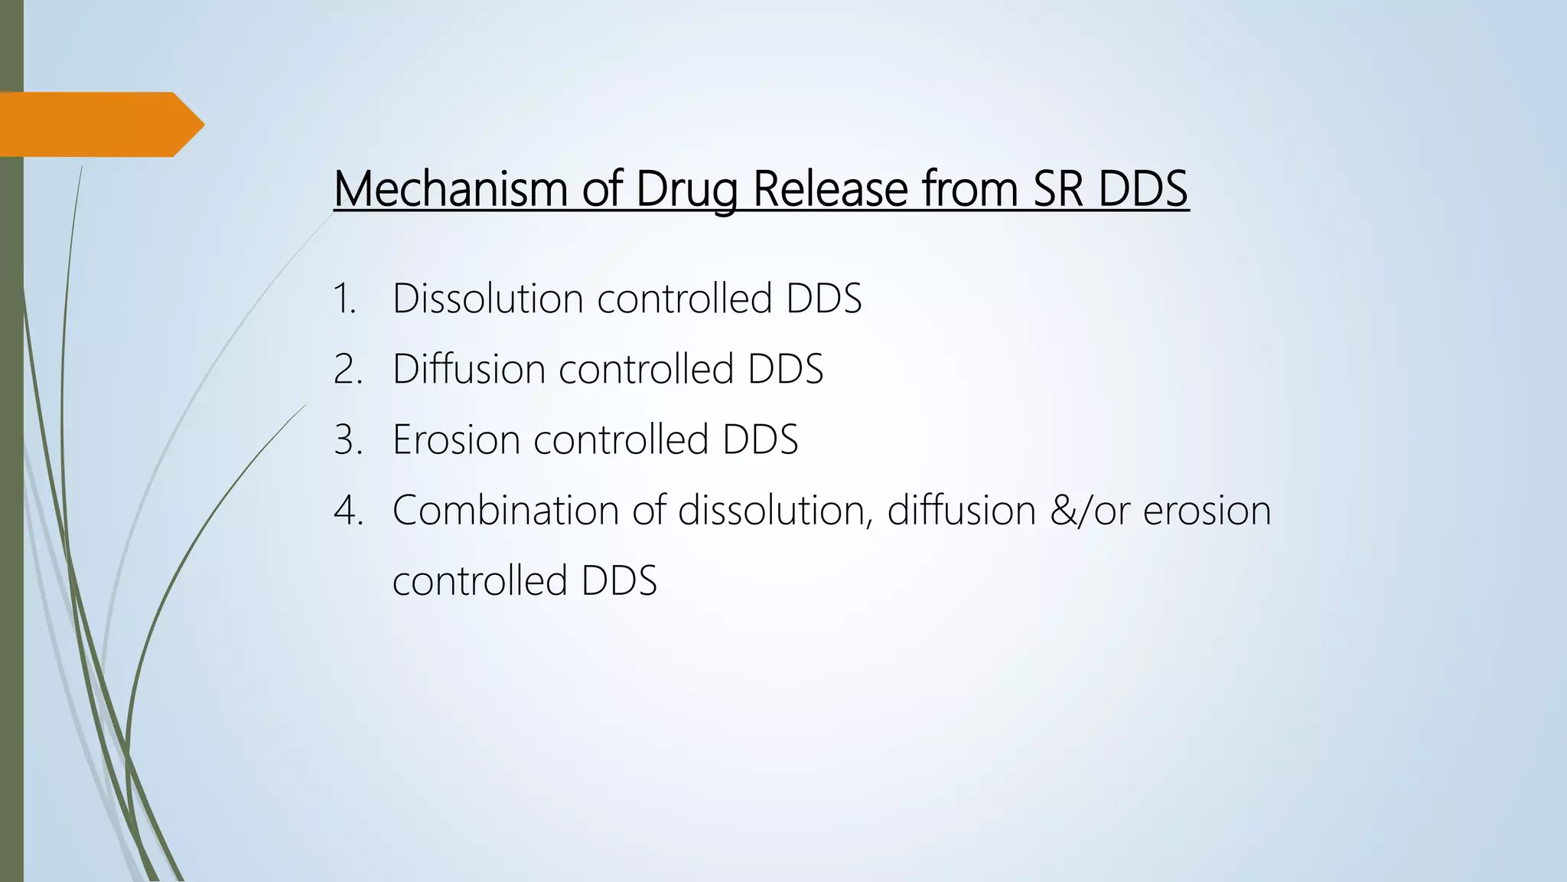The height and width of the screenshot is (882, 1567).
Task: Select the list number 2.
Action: [348, 369]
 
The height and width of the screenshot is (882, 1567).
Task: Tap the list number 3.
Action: [348, 439]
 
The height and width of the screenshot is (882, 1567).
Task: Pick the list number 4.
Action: [348, 510]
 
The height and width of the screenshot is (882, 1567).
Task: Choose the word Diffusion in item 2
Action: [468, 369]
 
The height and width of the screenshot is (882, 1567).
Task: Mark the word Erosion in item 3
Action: [456, 439]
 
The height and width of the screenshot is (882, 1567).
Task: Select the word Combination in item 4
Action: [505, 510]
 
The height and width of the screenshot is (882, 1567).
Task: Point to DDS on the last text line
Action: [619, 580]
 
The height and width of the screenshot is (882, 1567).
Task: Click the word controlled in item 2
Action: [647, 369]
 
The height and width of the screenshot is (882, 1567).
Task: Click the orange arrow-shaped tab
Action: [99, 124]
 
